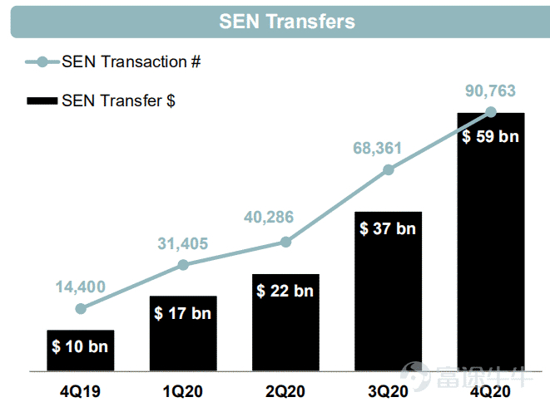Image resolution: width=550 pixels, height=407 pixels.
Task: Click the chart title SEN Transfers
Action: click(286, 22)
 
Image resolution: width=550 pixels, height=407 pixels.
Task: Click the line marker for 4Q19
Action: click(81, 308)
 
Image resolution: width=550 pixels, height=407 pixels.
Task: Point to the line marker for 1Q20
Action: click(183, 265)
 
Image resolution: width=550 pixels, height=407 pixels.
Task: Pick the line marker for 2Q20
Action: click(285, 242)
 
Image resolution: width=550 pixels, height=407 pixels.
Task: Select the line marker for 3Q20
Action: click(389, 169)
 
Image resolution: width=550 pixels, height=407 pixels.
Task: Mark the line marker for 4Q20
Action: click(491, 111)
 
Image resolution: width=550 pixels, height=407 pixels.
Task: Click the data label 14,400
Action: click(81, 287)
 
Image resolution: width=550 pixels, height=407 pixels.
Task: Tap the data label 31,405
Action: click(183, 244)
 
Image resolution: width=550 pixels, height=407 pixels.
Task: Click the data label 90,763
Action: click(491, 91)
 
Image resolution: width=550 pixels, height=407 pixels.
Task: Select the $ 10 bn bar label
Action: click(80, 346)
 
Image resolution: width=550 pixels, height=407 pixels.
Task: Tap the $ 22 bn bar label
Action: click(285, 291)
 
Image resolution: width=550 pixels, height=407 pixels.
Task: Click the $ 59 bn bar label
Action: click(491, 136)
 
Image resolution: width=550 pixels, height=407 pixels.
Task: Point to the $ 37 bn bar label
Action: click(388, 228)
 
